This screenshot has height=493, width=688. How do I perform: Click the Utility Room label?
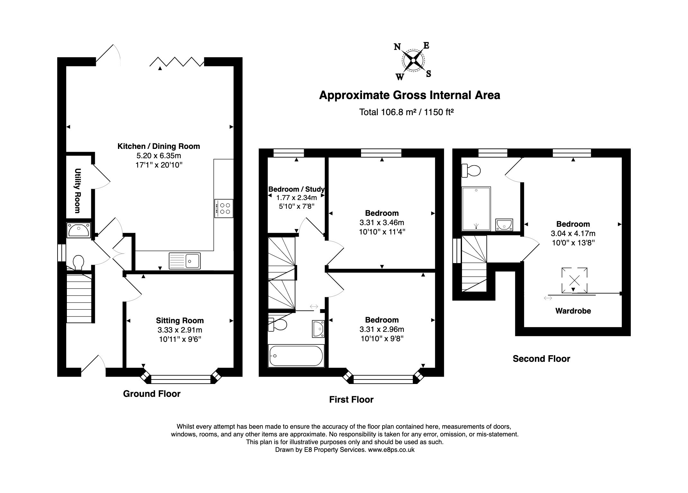pyautogui.click(x=77, y=191)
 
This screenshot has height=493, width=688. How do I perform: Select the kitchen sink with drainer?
pyautogui.click(x=185, y=260)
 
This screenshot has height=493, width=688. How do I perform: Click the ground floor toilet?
pyautogui.click(x=78, y=262)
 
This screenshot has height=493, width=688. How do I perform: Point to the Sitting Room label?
pyautogui.click(x=180, y=320)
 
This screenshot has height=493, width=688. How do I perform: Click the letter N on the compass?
pyautogui.click(x=397, y=47)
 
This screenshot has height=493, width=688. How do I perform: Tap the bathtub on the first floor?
pyautogui.click(x=296, y=356)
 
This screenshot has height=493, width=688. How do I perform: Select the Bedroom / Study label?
pyautogui.click(x=296, y=189)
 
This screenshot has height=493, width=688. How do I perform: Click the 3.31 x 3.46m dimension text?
pyautogui.click(x=382, y=222)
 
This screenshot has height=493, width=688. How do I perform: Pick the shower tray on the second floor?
pyautogui.click(x=476, y=209)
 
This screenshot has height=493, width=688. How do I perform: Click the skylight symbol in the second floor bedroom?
pyautogui.click(x=575, y=280)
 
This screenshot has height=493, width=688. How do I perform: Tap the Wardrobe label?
pyautogui.click(x=573, y=311)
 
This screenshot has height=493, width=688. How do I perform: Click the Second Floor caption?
pyautogui.click(x=541, y=359)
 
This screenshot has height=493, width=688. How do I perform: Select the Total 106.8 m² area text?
pyautogui.click(x=406, y=112)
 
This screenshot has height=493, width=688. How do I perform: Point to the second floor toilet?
pyautogui.click(x=471, y=170)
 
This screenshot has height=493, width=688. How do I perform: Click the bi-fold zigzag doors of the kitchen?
pyautogui.click(x=177, y=62)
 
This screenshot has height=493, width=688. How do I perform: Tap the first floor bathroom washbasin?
pyautogui.click(x=318, y=329)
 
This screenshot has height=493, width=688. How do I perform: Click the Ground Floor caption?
pyautogui.click(x=152, y=394)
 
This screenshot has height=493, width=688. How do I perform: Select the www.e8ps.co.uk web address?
pyautogui.click(x=391, y=450)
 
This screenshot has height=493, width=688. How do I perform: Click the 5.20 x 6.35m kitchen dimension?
pyautogui.click(x=158, y=156)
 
